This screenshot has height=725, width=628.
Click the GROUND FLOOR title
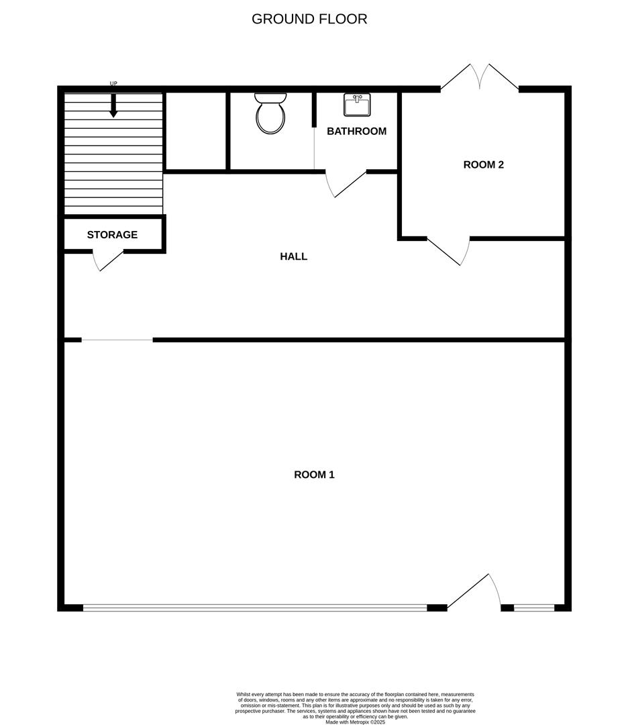click(309, 19)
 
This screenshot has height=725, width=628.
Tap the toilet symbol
click(270, 113)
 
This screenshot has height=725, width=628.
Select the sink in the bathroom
click(357, 105)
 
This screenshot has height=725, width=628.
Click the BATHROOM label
click(356, 132)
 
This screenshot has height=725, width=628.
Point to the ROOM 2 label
click(483, 164)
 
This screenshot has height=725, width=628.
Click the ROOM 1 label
click(314, 475)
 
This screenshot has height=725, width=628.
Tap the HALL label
click(293, 256)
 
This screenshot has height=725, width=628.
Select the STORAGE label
click(112, 235)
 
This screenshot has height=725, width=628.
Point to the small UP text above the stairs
click(113, 83)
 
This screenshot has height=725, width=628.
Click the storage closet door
click(108, 260)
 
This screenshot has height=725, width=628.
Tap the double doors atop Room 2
click(480, 77)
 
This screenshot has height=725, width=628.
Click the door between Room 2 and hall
click(448, 251)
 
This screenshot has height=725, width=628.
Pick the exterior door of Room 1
click(474, 591)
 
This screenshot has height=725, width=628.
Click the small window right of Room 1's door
click(534, 608)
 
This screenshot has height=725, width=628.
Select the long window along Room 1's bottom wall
click(255, 608)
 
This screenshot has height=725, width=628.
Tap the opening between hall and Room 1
click(117, 340)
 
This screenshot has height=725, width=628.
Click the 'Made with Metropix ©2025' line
click(356, 722)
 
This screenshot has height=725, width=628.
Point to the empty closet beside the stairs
click(195, 131)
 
